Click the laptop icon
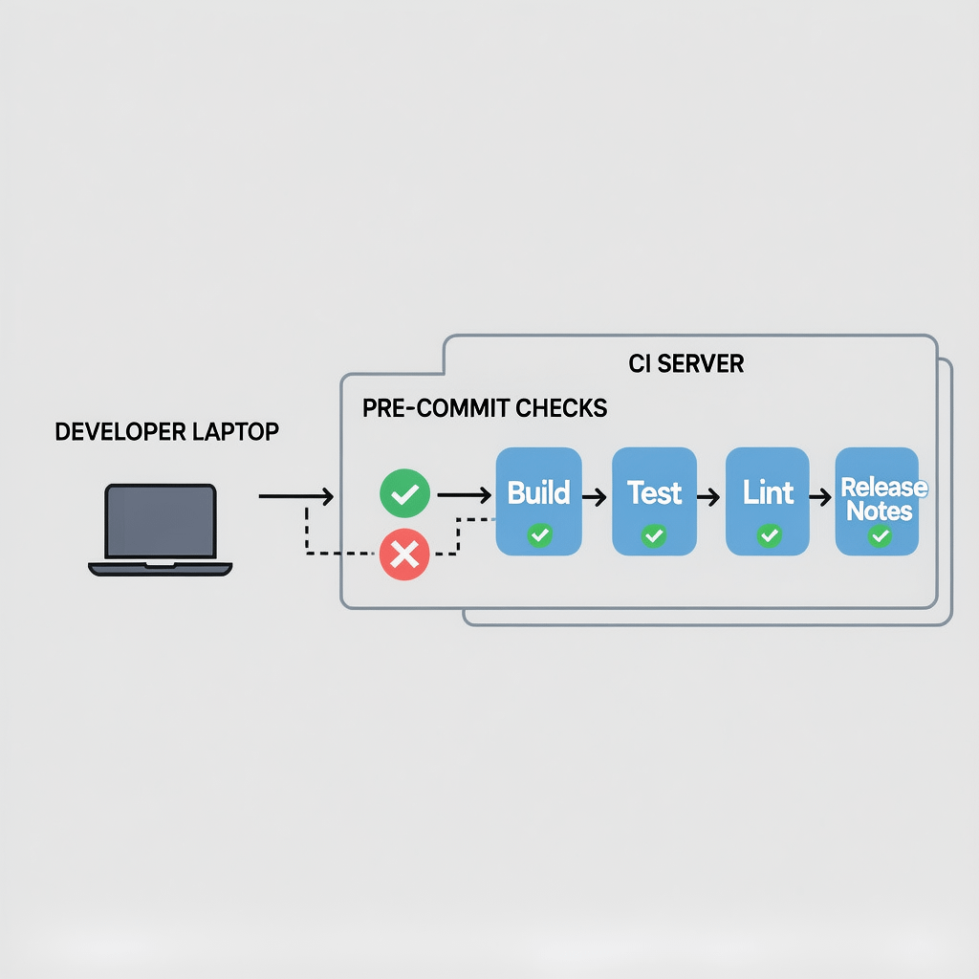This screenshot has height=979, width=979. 161,530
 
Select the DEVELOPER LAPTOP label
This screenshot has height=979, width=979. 167,432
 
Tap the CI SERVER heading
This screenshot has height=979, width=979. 685,364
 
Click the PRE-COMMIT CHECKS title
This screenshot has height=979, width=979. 485,408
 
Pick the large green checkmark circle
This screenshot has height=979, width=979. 404,494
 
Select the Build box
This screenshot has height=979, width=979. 538,501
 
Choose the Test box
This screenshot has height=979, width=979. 654,501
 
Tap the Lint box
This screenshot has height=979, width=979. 769,501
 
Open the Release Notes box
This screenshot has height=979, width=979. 878,501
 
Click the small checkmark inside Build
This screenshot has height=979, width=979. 539,535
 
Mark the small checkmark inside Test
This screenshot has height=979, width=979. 654,535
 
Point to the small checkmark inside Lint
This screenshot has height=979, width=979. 769,535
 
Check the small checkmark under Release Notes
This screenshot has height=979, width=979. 880,536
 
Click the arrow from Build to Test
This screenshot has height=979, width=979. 595,497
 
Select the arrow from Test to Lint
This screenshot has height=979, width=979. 708,497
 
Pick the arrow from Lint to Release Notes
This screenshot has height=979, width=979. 820,497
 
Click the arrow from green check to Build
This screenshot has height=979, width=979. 464,495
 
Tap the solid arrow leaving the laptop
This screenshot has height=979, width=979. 295,496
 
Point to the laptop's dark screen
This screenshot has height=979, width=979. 161,519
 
